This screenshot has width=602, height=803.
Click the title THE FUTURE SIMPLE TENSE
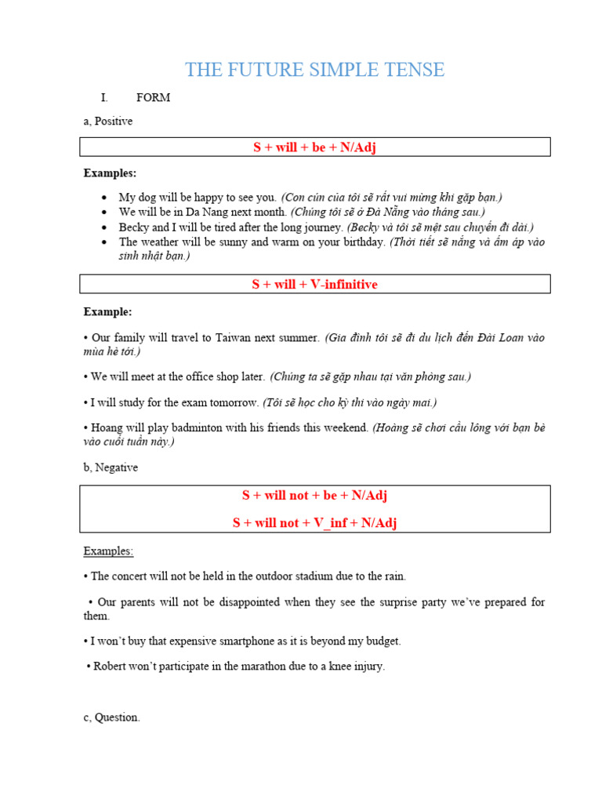pos(314,70)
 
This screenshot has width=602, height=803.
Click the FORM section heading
pos(153,98)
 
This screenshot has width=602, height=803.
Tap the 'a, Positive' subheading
pos(108,122)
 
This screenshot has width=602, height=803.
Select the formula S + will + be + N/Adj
pos(314,147)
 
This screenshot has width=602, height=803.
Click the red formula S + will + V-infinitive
pos(314,284)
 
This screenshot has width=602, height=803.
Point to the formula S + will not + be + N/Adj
pos(314,496)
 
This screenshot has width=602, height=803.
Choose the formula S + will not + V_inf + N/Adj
pos(314,522)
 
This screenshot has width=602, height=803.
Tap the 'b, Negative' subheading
pos(111,467)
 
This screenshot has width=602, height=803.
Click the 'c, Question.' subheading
pos(111,718)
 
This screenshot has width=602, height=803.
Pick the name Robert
pos(111,667)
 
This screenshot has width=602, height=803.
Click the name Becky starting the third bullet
pos(134,227)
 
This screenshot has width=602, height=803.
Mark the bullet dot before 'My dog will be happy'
pos(105,198)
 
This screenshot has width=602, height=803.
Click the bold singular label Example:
pos(108,312)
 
